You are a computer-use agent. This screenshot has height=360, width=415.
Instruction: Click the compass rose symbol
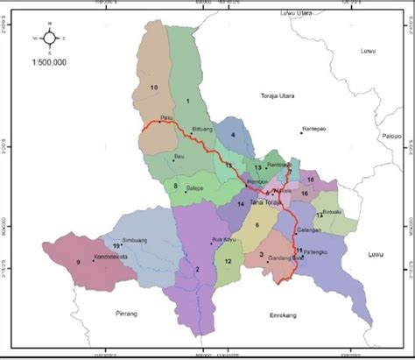pyautogui.click(x=49, y=39)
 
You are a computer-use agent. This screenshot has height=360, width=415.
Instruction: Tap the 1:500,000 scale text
pyautogui.click(x=49, y=63)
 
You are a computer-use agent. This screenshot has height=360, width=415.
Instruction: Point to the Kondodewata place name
pyautogui.click(x=112, y=257)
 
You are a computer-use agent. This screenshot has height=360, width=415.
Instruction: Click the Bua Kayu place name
pyautogui.click(x=225, y=239)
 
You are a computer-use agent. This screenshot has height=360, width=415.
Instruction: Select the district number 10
pyautogui.click(x=154, y=88)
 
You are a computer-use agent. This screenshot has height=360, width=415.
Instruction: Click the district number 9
pyautogui.click(x=78, y=261)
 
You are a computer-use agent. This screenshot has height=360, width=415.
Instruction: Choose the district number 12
pyautogui.click(x=228, y=261)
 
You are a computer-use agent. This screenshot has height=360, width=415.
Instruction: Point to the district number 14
pyautogui.click(x=239, y=203)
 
